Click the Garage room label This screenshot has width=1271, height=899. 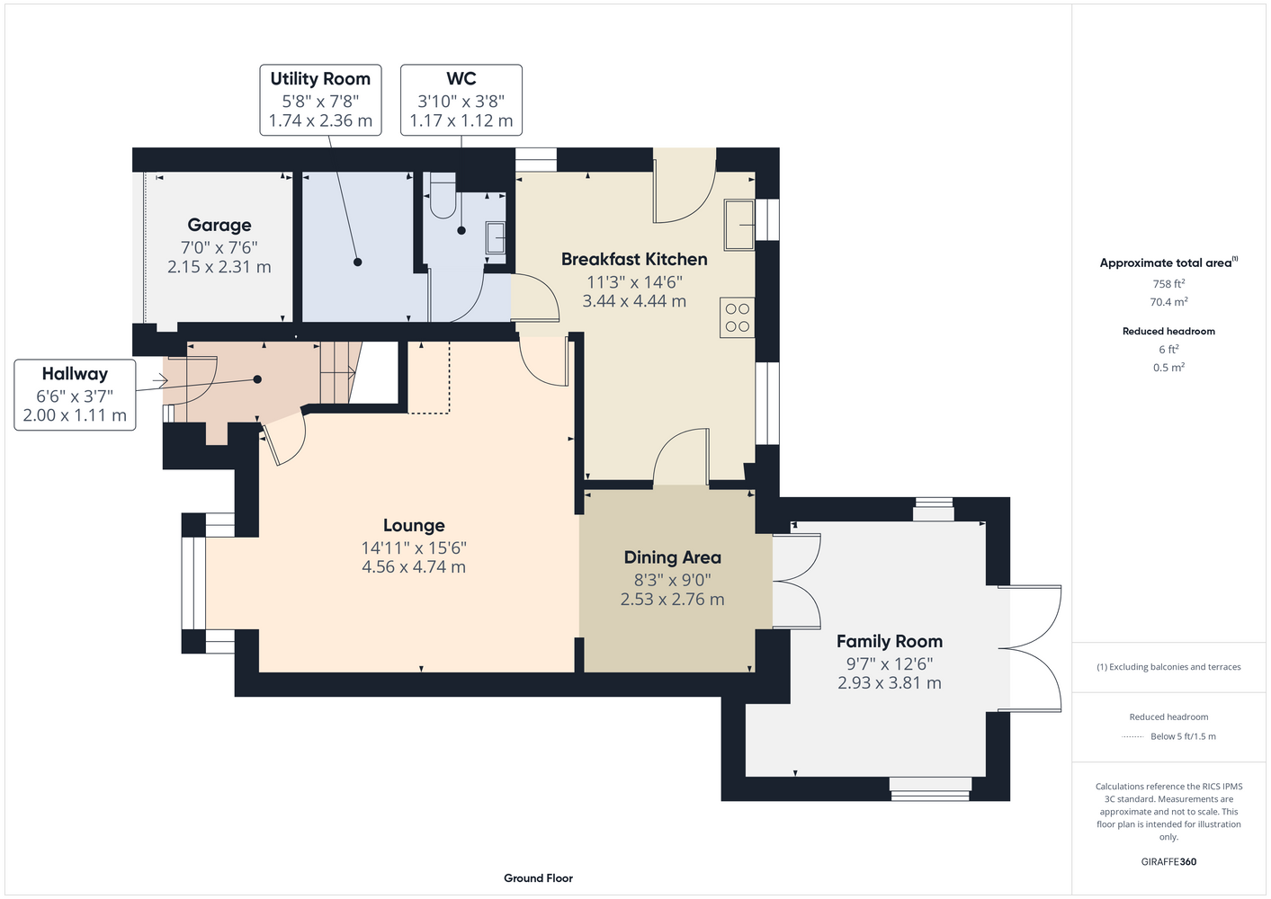[219, 225]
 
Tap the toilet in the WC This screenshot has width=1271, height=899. [443, 196]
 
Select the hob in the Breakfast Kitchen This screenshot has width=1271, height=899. [737, 317]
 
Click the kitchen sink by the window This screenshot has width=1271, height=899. [738, 225]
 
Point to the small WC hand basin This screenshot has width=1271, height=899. [496, 237]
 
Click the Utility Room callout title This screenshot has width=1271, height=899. [320, 79]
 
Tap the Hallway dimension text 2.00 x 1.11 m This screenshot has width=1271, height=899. [75, 415]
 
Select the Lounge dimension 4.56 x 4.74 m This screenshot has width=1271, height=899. [414, 566]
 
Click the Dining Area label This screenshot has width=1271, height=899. [673, 557]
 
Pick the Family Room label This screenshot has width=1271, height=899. [889, 642]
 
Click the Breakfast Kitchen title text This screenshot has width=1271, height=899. [634, 259]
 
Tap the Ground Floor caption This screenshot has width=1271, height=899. [538, 878]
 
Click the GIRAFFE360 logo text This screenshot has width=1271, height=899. [1168, 862]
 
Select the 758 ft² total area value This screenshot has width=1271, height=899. [1168, 283]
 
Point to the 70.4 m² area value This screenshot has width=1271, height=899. [1168, 302]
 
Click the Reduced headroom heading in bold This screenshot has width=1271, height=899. [1168, 331]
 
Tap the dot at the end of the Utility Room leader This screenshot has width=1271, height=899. [357, 262]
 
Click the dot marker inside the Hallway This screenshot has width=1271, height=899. [257, 379]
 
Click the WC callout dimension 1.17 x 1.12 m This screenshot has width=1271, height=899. [461, 120]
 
